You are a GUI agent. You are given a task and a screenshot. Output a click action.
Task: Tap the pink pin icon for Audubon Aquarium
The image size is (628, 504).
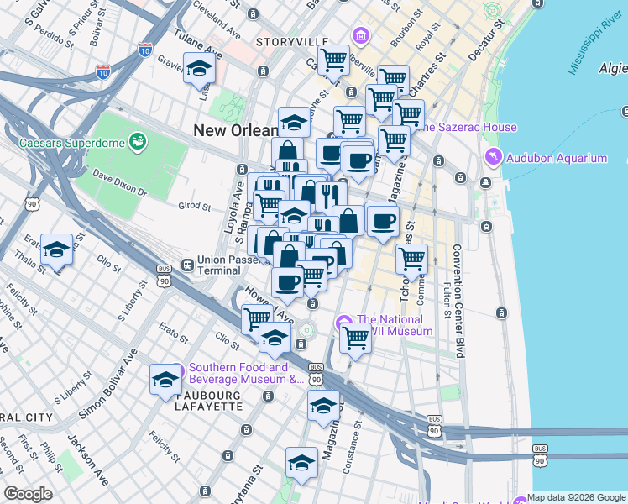[494, 157]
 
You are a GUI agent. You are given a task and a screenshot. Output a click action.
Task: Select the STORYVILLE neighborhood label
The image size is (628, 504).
[292, 41]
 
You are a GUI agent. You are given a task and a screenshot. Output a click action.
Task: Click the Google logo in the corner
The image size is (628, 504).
[28, 494]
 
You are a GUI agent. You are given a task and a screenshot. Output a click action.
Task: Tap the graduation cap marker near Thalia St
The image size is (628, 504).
[56, 249]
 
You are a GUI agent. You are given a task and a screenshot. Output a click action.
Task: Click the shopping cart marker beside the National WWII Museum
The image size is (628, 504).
[355, 338]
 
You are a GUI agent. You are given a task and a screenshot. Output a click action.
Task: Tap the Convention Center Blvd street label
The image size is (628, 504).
[458, 301]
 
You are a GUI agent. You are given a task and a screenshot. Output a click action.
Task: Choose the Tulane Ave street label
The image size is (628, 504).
[196, 45]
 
